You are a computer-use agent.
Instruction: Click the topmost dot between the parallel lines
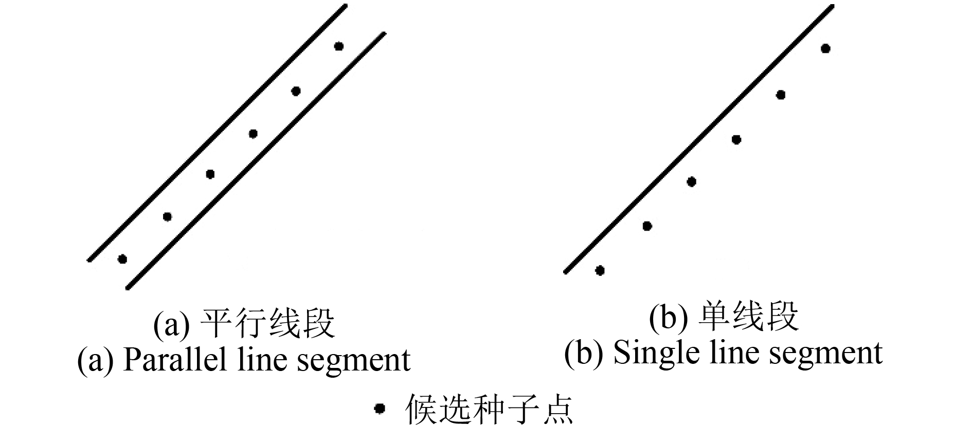[338, 46]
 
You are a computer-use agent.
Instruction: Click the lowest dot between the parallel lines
[122, 259]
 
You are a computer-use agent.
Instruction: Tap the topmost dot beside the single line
[825, 49]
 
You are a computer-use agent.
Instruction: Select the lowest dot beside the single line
[600, 270]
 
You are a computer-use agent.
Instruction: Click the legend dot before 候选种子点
[380, 409]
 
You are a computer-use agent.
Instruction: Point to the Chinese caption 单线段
[748, 317]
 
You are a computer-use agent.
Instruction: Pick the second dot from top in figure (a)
[296, 91]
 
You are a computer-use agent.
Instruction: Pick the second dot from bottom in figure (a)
[167, 216]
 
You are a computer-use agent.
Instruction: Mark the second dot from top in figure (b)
[781, 95]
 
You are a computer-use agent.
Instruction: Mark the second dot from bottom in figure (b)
[647, 226]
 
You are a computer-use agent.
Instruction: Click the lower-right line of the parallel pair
[256, 161]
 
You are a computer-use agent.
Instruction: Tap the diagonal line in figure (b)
[698, 139]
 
